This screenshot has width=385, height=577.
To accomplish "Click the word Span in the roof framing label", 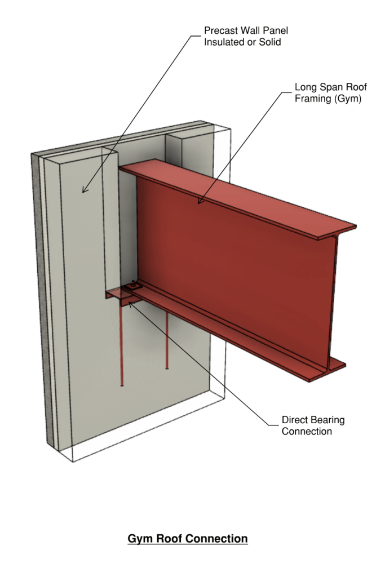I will (326, 88).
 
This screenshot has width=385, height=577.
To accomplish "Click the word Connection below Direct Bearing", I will (307, 432).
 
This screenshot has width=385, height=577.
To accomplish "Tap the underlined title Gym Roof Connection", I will (188, 539).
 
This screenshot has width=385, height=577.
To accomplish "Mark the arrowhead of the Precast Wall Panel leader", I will (84, 190).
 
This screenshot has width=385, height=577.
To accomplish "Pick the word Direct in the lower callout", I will (295, 420).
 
